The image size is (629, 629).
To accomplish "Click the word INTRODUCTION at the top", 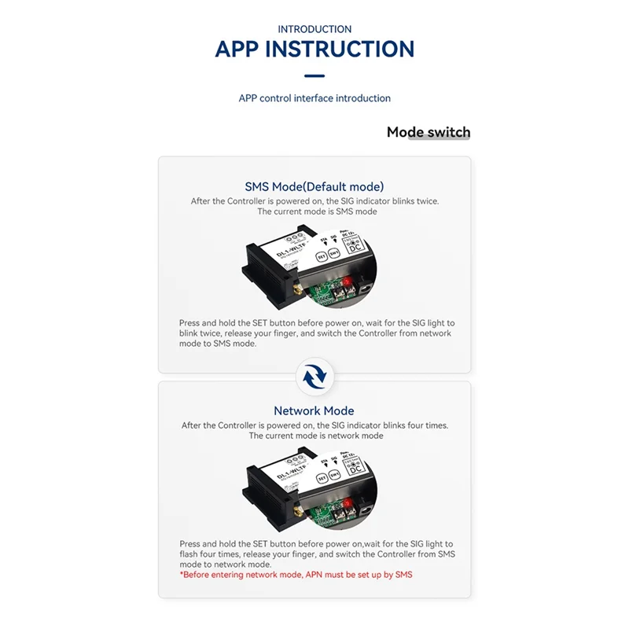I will [x=314, y=29].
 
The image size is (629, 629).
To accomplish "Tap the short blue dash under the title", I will [x=314, y=76].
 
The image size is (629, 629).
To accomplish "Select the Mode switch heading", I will [x=429, y=132].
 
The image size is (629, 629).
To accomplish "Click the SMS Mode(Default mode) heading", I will [x=314, y=186].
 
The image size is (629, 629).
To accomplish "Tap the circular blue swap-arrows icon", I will [x=314, y=377].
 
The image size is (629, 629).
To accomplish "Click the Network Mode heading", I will [x=314, y=410].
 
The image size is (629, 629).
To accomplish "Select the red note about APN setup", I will [x=296, y=575].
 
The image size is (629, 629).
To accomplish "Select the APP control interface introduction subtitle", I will [x=314, y=98].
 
